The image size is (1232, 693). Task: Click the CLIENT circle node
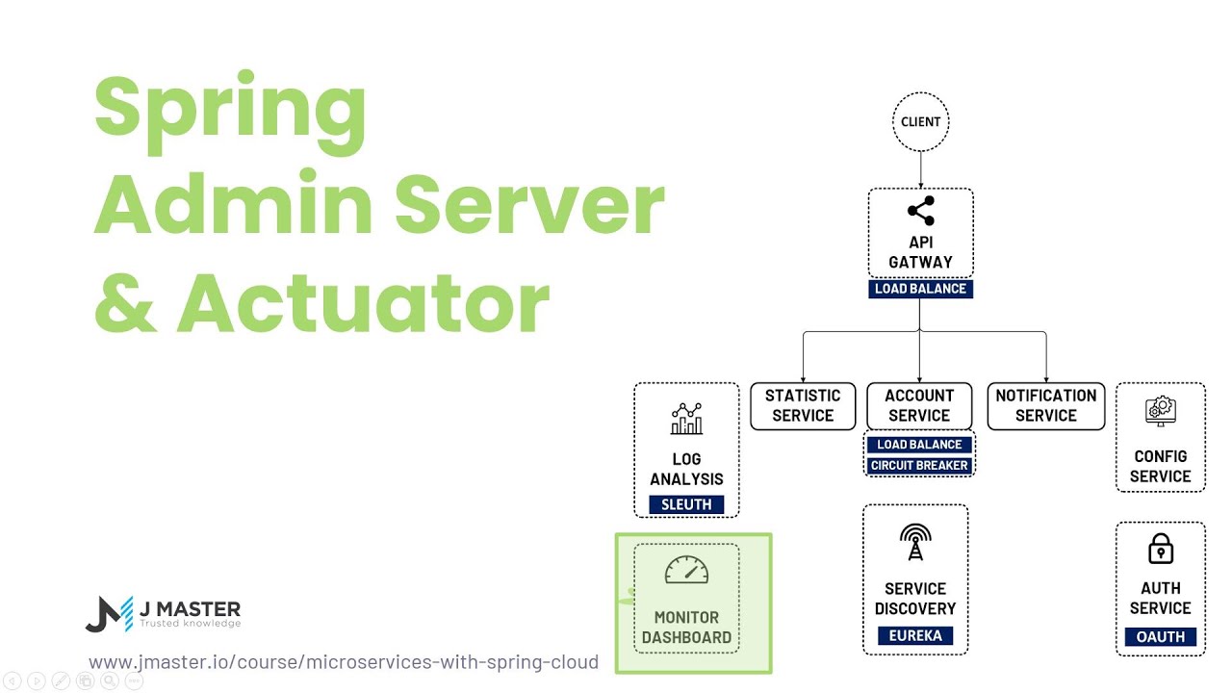click(x=920, y=122)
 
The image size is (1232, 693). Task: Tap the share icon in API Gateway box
click(x=920, y=211)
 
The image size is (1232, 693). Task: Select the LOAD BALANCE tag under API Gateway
click(x=920, y=289)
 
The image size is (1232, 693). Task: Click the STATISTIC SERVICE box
click(x=803, y=405)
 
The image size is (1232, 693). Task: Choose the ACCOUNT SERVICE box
click(x=919, y=405)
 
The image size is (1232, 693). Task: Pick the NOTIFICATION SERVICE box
click(x=1045, y=405)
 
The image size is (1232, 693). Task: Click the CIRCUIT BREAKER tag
click(x=919, y=466)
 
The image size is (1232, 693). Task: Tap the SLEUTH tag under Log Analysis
click(x=686, y=504)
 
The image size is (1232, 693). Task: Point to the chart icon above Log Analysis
click(x=686, y=420)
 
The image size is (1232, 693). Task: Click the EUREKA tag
click(x=914, y=635)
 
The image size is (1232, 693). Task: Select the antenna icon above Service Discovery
click(x=914, y=543)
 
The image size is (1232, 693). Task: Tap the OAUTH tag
click(x=1160, y=636)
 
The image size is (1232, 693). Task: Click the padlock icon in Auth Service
click(x=1161, y=550)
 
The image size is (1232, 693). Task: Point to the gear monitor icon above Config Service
click(x=1160, y=412)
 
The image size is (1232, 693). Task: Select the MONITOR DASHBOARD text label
click(x=686, y=628)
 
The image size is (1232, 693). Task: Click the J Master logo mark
click(x=109, y=614)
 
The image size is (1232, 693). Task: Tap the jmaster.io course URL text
click(x=344, y=662)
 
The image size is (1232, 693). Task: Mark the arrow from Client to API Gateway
click(x=920, y=170)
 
